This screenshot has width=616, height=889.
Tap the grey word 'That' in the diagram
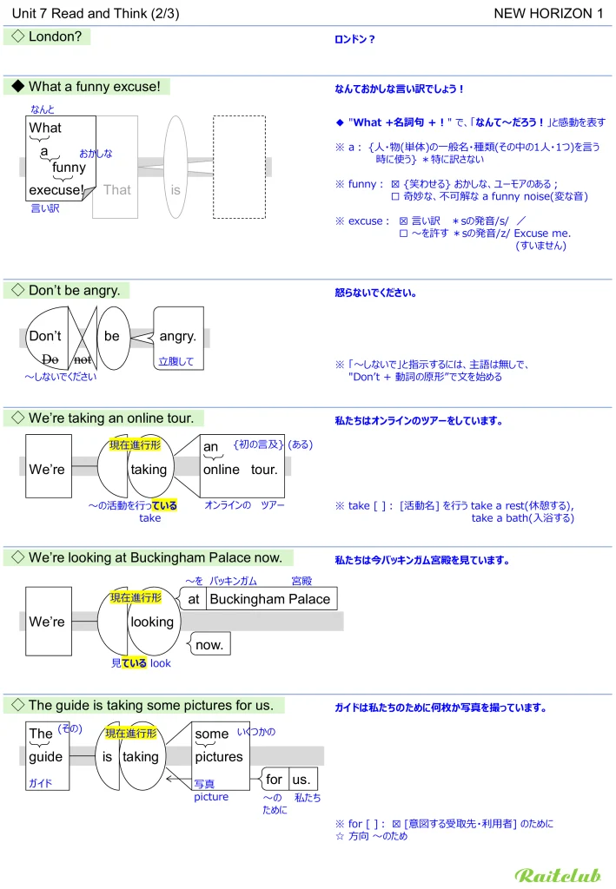pyautogui.click(x=116, y=189)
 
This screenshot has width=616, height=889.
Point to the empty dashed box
pyautogui.click(x=239, y=167)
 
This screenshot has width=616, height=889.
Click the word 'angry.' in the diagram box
pyautogui.click(x=178, y=336)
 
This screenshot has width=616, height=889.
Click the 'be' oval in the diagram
pyautogui.click(x=112, y=336)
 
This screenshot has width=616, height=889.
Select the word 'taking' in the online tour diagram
pyautogui.click(x=148, y=470)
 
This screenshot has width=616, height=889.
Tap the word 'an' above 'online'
pyautogui.click(x=210, y=447)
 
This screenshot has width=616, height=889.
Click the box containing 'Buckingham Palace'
pyautogui.click(x=270, y=599)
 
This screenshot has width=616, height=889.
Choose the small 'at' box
pyautogui.click(x=194, y=599)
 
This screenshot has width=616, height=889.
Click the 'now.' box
pyautogui.click(x=209, y=644)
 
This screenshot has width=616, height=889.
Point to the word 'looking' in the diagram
pyautogui.click(x=151, y=622)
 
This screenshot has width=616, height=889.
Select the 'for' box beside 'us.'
pyautogui.click(x=275, y=779)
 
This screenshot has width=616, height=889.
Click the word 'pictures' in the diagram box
pyautogui.click(x=219, y=756)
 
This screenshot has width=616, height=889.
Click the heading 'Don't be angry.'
pyautogui.click(x=74, y=290)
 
